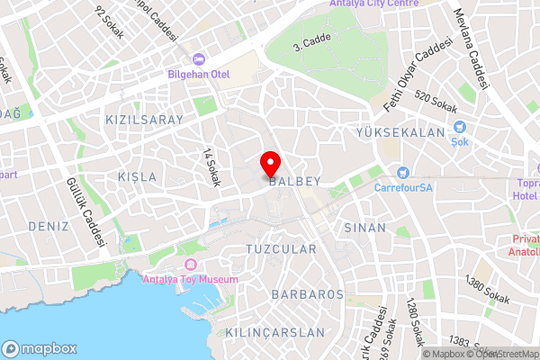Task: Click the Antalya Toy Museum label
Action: tap(190, 279)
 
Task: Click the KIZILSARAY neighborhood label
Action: tap(144, 119)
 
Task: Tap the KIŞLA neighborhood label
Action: tap(137, 177)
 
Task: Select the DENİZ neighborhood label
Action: tap(49, 225)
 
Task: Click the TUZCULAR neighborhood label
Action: tap(281, 248)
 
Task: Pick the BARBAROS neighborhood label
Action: tap(308, 294)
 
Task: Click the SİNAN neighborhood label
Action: tap(364, 228)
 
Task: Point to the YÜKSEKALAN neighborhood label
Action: tap(401, 132)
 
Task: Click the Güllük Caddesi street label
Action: tap(86, 211)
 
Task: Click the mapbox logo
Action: tap(40, 348)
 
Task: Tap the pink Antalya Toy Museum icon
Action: tap(190, 264)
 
